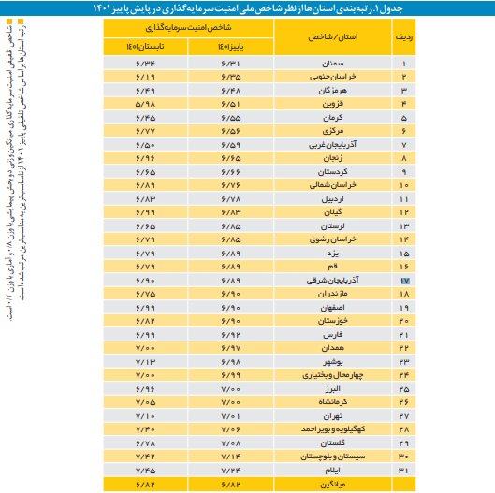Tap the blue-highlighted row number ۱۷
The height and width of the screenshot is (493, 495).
405,280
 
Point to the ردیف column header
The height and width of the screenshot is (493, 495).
405,39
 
